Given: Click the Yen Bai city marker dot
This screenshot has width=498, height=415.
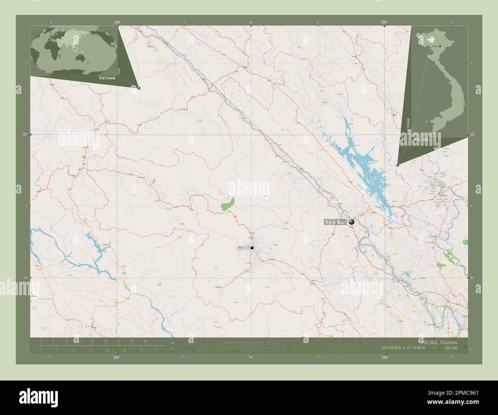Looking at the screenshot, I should click(x=351, y=221).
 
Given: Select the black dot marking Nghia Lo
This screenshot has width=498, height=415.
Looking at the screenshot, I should click(x=252, y=248).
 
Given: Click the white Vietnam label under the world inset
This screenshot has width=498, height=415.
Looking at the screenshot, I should click(x=107, y=78).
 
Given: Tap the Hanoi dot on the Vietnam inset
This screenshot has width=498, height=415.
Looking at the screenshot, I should click(x=440, y=46).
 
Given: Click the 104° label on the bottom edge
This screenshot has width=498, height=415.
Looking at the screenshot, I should click(x=116, y=357).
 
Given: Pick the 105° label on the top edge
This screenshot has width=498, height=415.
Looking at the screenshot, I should click(x=384, y=22).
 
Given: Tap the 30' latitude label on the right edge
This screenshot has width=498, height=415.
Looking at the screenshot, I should click(x=472, y=278).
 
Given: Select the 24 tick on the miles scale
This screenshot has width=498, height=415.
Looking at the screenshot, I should click(x=141, y=350).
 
